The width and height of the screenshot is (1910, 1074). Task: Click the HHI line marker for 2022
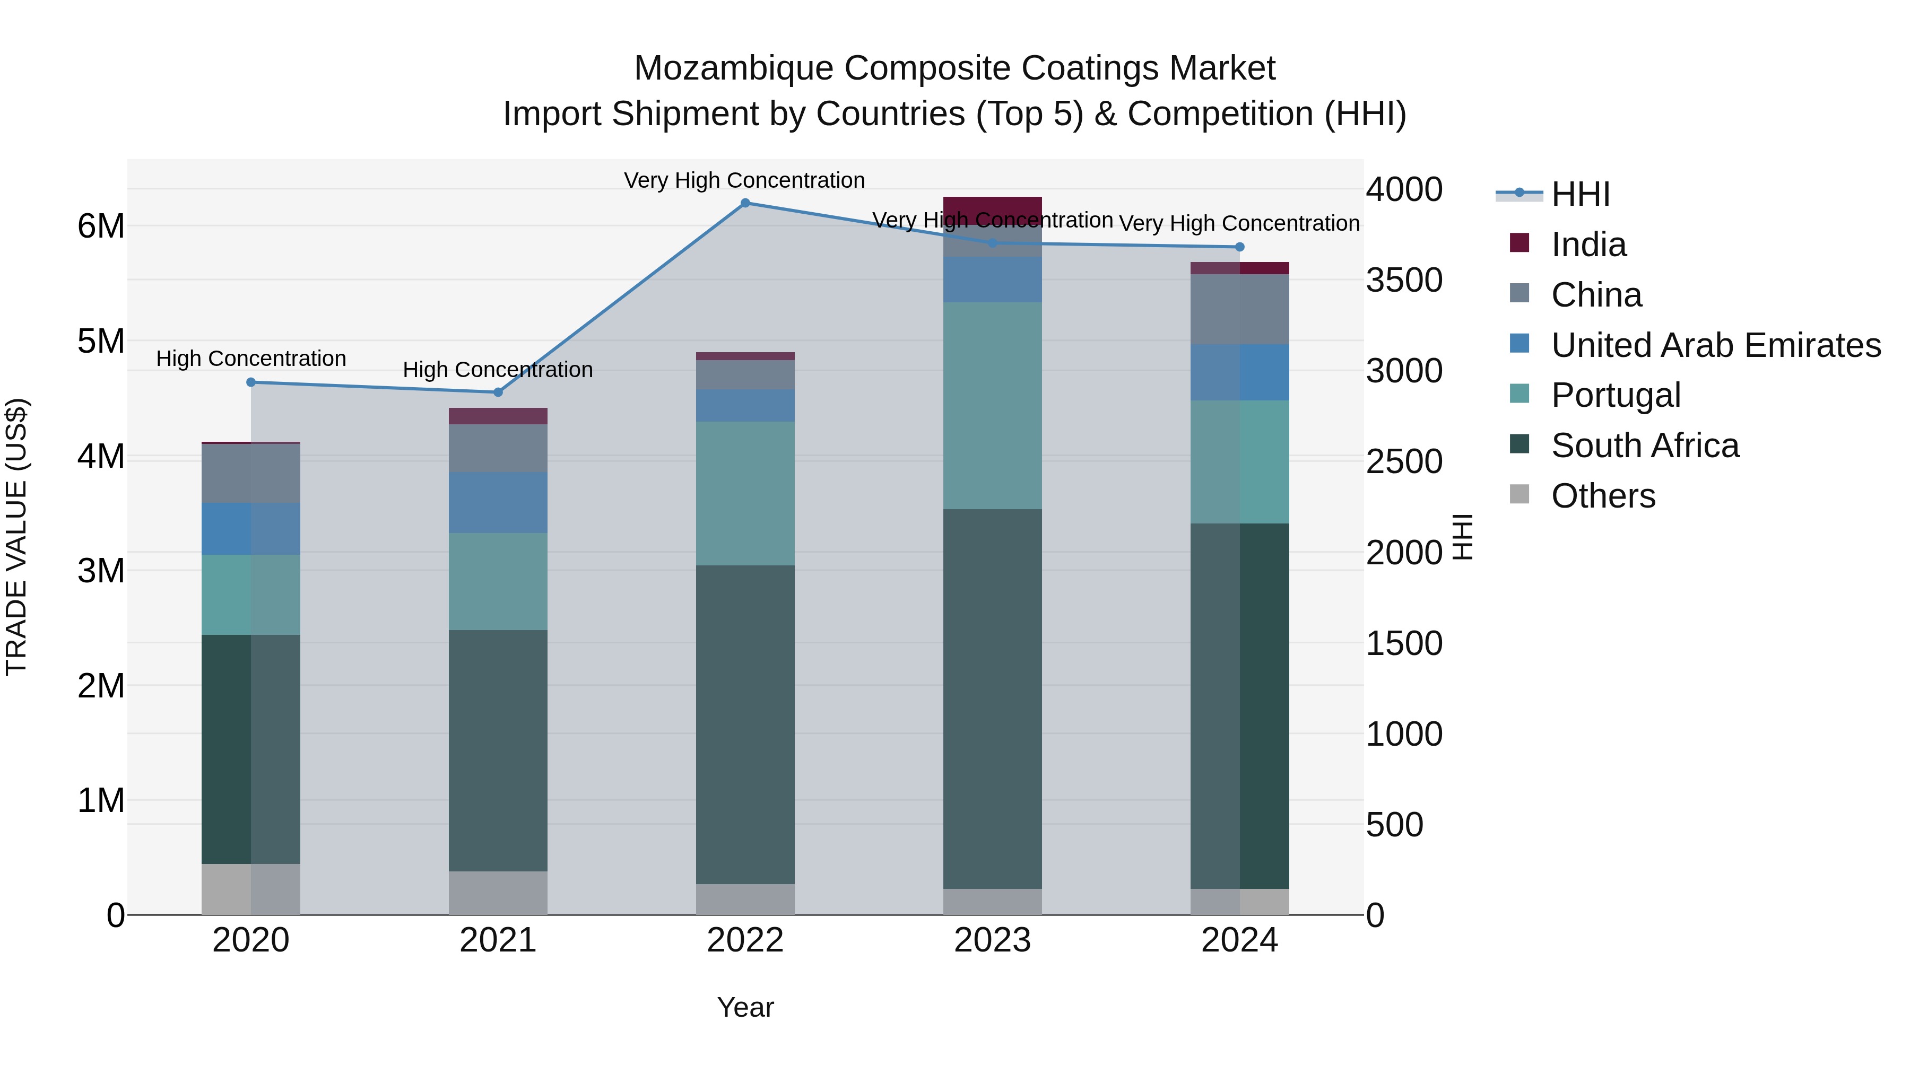click(745, 203)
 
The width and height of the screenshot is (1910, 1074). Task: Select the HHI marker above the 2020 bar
click(250, 382)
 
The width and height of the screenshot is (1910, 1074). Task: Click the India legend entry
click(1587, 245)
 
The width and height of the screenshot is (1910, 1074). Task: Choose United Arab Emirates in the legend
click(1715, 345)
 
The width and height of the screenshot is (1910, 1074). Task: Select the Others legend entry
click(1602, 496)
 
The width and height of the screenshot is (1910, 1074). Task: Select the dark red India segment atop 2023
click(992, 207)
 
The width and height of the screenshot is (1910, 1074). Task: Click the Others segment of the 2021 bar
click(498, 893)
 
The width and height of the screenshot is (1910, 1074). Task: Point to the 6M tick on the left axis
click(101, 226)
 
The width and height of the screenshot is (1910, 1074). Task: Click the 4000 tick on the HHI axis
click(1403, 190)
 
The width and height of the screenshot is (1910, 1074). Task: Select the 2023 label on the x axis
click(992, 940)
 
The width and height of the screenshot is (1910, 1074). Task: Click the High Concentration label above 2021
click(498, 369)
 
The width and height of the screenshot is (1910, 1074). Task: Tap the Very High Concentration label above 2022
click(744, 180)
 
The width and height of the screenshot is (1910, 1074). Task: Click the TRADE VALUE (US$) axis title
click(16, 537)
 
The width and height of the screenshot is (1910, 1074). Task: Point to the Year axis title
click(745, 1007)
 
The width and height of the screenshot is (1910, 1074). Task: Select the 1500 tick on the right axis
click(1403, 643)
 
